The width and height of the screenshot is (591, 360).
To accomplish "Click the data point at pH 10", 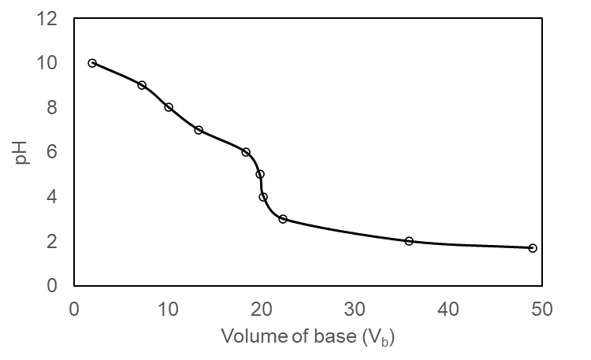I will tap(92, 63).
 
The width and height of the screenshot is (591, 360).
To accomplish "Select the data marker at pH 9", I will tap(142, 85).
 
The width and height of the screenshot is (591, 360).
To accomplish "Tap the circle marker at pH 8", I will tap(169, 107).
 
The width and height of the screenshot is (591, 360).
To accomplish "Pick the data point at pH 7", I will tap(199, 130).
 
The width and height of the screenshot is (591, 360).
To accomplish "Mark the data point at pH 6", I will tap(246, 152).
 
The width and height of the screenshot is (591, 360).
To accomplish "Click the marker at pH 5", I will tap(260, 174).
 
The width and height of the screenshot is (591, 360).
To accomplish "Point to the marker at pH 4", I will tap(263, 197).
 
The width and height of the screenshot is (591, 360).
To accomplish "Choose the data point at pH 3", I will tap(283, 219).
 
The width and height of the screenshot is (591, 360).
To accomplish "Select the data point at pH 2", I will tap(409, 241).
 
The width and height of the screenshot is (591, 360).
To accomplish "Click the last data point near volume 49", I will tap(533, 248).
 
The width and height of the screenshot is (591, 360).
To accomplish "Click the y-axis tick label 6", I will tap(53, 152).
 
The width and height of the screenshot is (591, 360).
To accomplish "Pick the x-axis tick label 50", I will tap(543, 308).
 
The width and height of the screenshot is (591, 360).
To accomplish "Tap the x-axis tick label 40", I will tap(449, 308).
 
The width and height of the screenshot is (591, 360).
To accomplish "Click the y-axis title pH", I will tap(21, 151).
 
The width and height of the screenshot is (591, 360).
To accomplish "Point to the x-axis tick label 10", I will tap(168, 308).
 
